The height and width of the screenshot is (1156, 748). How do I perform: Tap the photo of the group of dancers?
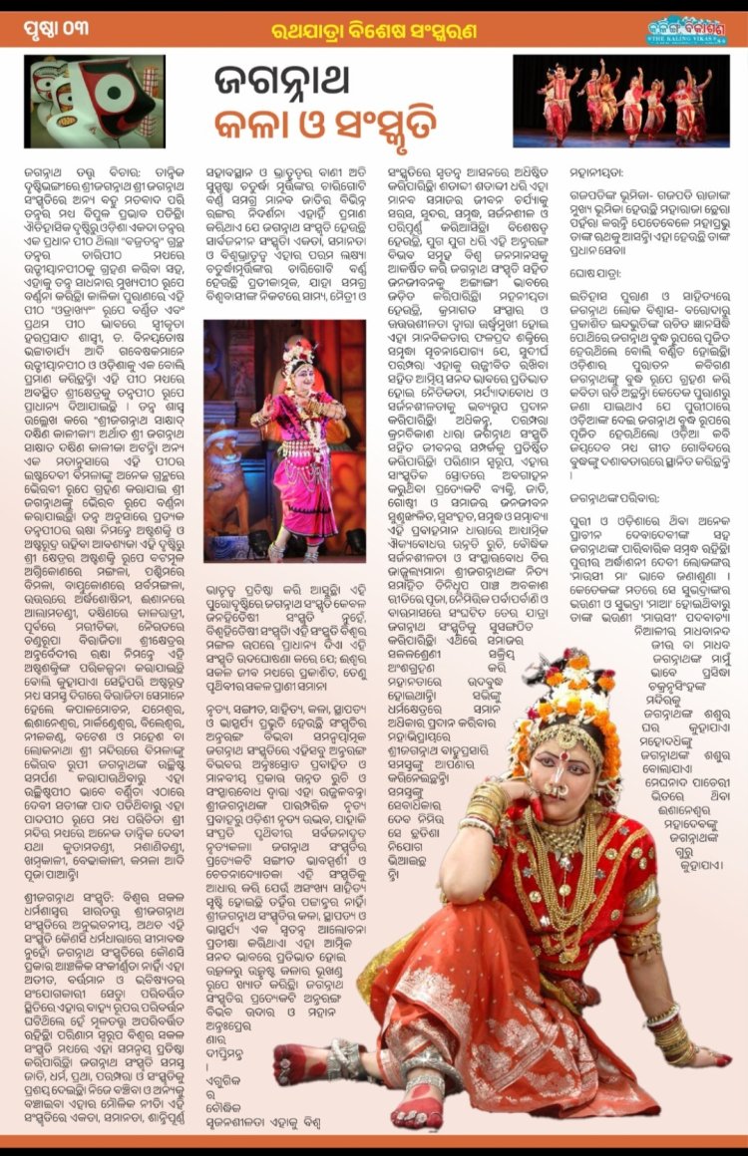point(621,101)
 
